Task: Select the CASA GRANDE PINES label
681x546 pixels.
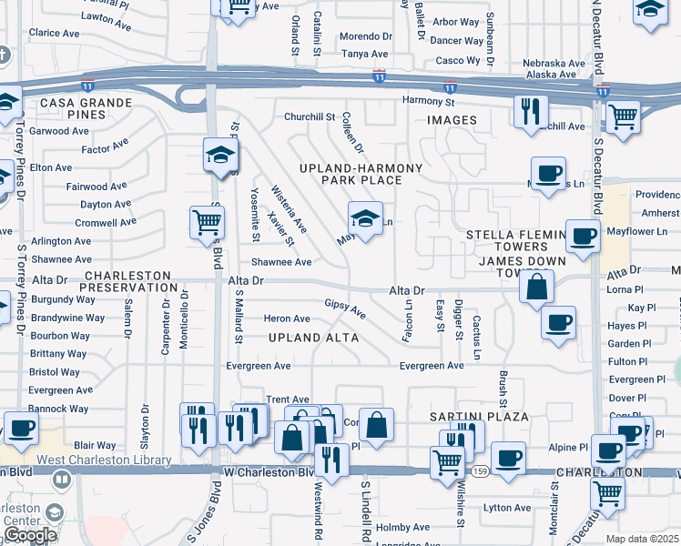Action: (86, 109)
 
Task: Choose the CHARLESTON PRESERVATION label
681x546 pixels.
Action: (127, 281)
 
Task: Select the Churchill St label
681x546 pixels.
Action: (310, 116)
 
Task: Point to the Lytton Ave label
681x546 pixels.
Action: (508, 508)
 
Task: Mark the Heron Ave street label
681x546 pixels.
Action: (287, 318)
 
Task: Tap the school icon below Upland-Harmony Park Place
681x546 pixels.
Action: (364, 218)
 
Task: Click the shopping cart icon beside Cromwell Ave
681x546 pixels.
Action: (208, 221)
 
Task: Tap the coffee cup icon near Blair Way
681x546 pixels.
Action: (21, 427)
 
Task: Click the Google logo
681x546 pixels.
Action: (30, 535)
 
